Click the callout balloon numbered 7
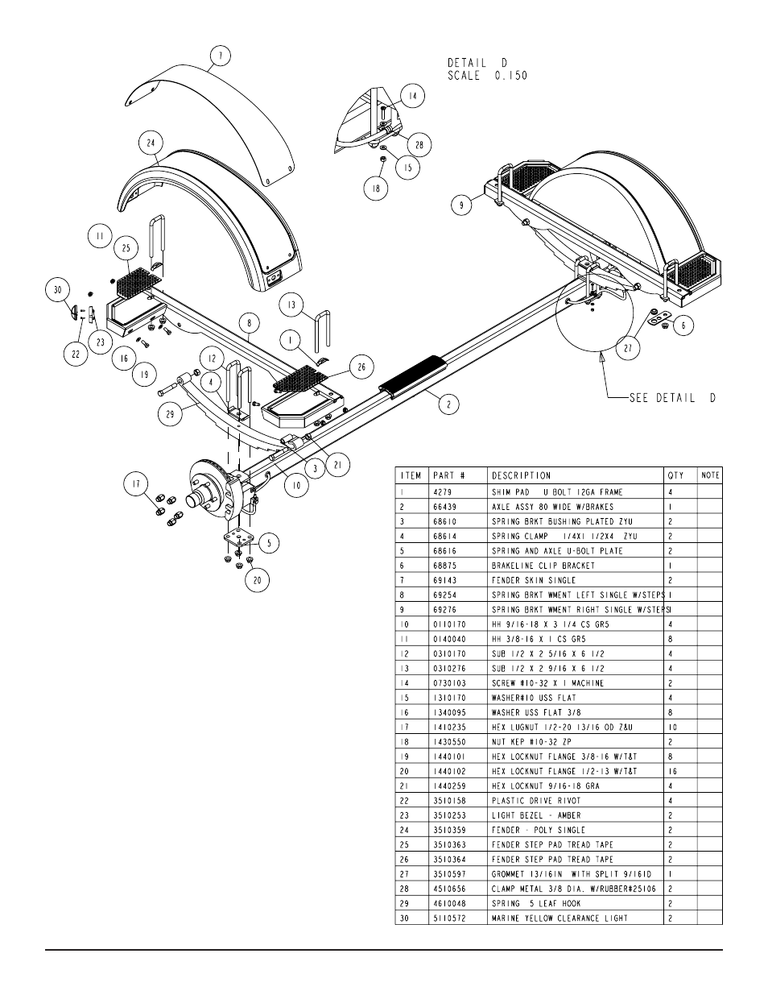pos(220,56)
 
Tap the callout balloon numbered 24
pos(151,143)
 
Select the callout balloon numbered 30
pos(57,290)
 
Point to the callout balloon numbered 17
pos(136,484)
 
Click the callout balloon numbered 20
pos(257,580)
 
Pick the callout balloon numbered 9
pos(461,205)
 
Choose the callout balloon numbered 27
pos(628,349)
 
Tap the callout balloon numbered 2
pos(448,404)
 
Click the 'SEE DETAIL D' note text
pos(672,398)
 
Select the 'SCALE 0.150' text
pos(488,76)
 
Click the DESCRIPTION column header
pos(521,476)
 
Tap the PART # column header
pos(449,476)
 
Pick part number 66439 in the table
pos(445,507)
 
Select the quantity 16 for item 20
pos(672,771)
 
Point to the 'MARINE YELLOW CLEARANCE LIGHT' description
pos(559,918)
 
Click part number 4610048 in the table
pos(449,903)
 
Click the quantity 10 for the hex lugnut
pos(672,728)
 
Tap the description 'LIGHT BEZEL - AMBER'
pos(536,815)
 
